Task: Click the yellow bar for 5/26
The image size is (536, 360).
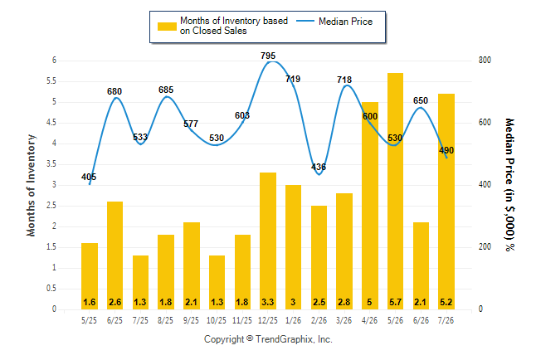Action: [x=395, y=191]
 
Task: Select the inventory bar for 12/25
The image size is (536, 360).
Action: [x=268, y=241]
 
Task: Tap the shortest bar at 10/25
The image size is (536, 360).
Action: [x=217, y=282]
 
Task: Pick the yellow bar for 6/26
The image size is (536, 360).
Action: [x=421, y=266]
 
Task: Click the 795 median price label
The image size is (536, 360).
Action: [x=268, y=56]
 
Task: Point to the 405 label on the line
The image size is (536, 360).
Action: [x=89, y=177]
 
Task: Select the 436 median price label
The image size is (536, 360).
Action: [x=319, y=167]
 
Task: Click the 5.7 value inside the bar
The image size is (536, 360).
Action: [x=395, y=302]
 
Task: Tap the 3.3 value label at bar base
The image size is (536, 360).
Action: [x=268, y=302]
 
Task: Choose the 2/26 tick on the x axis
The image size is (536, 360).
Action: [x=319, y=320]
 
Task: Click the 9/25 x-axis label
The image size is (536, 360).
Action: [x=191, y=320]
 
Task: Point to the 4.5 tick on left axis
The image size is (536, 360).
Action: [x=51, y=123]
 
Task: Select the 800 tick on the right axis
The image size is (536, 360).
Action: [x=485, y=61]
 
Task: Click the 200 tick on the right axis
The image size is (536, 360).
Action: [x=485, y=247]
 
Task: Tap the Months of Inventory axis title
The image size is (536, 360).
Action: [x=31, y=185]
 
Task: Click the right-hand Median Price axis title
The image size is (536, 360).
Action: [x=509, y=185]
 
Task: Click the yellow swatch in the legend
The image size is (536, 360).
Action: [x=167, y=27]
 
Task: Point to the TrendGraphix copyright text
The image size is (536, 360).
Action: [x=268, y=339]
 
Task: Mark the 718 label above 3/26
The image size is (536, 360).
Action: [x=344, y=80]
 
